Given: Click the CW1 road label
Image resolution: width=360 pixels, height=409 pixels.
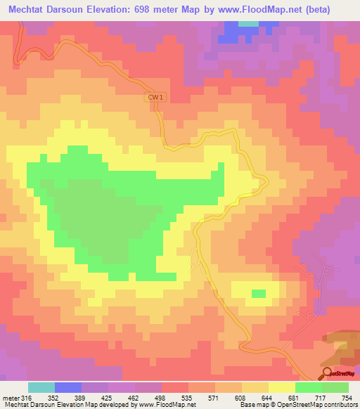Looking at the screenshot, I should (157, 98).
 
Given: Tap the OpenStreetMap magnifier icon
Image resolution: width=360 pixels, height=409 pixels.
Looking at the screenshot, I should (328, 373).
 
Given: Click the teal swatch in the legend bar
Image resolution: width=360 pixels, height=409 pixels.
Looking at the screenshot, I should (41, 387).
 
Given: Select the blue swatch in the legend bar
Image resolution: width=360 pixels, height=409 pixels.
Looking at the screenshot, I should (68, 387).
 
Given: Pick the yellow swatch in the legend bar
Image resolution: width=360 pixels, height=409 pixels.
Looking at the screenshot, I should (281, 387).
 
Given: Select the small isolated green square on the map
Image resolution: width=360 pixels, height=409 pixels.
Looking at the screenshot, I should (259, 293).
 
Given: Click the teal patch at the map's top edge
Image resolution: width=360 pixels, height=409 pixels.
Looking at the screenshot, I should (248, 23).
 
